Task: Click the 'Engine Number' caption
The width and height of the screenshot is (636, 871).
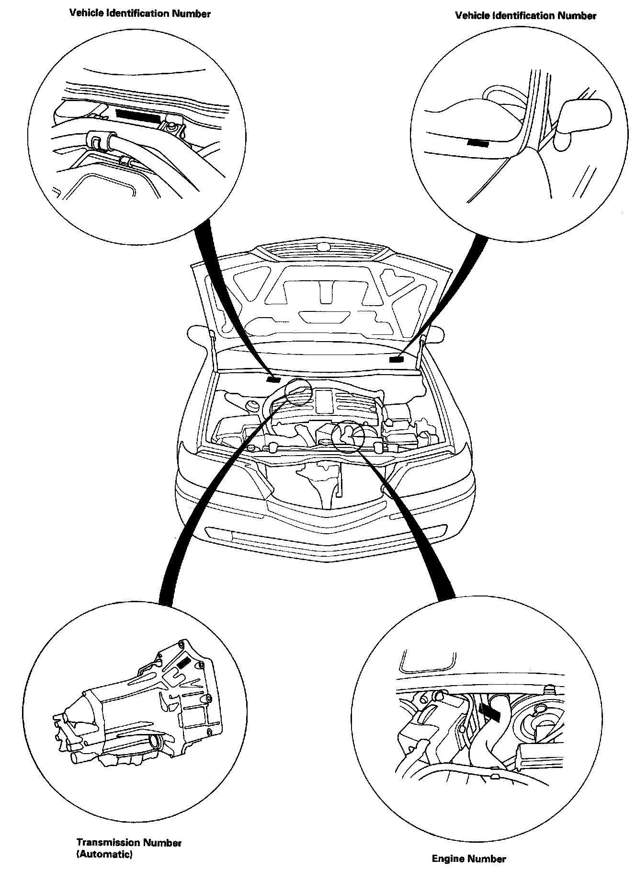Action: click(x=468, y=859)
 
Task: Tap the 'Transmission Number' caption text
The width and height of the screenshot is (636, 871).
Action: click(x=129, y=842)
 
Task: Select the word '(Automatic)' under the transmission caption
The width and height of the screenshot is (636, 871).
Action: click(x=104, y=854)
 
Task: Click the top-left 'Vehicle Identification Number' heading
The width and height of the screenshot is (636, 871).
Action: click(x=140, y=13)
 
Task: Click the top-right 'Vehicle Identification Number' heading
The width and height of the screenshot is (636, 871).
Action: click(x=525, y=16)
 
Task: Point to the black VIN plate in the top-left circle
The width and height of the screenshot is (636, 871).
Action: click(x=138, y=115)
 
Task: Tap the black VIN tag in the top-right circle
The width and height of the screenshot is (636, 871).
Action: click(x=477, y=143)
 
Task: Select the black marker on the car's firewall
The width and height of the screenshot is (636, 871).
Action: click(x=273, y=379)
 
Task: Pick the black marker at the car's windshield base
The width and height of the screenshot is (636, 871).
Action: click(x=396, y=359)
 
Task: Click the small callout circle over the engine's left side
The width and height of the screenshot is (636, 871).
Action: click(x=299, y=391)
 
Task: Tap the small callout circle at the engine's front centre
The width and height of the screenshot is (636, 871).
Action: click(x=348, y=437)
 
